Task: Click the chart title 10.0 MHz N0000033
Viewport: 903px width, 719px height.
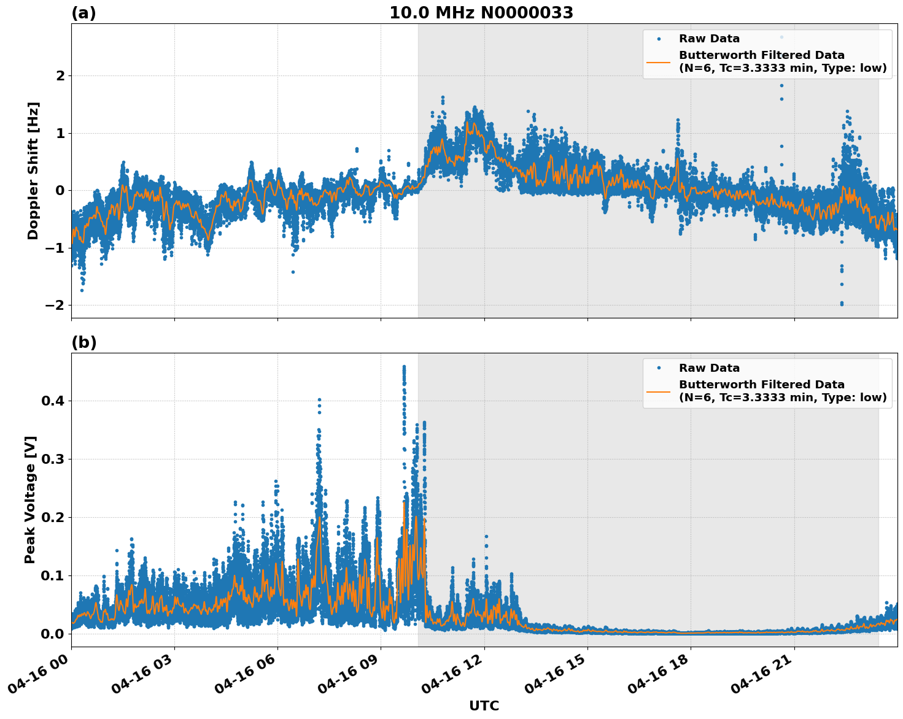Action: [x=481, y=13]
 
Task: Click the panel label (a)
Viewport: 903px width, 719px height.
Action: [x=83, y=13]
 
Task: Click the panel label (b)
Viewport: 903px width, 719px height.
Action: [x=83, y=342]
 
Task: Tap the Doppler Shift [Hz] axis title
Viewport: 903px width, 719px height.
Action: [x=33, y=171]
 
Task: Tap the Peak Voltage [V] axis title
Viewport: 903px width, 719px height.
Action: [x=30, y=499]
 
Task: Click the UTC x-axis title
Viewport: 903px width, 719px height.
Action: [x=484, y=706]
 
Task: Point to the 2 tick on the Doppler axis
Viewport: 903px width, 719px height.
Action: [x=60, y=75]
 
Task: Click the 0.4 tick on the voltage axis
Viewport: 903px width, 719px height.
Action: [x=53, y=401]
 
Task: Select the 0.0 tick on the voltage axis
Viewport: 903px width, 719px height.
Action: [x=53, y=633]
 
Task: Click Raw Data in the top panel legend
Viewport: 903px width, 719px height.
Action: [x=709, y=39]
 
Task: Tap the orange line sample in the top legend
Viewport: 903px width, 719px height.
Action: [x=659, y=61]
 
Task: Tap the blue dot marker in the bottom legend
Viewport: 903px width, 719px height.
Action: [x=659, y=368]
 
